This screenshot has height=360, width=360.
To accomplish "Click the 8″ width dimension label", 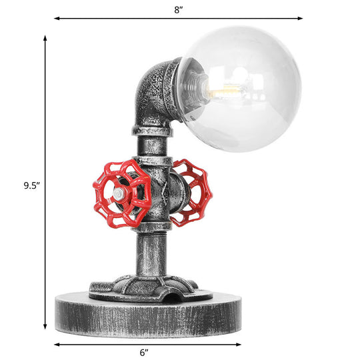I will (x=178, y=9).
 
